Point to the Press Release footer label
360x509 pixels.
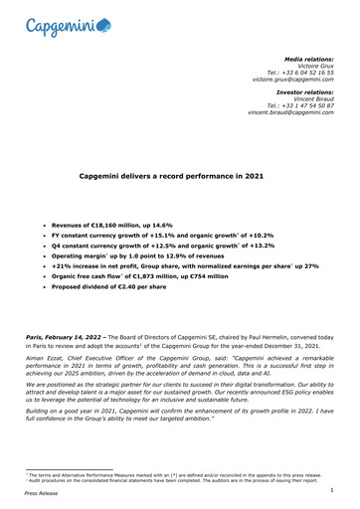tap(42, 499)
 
